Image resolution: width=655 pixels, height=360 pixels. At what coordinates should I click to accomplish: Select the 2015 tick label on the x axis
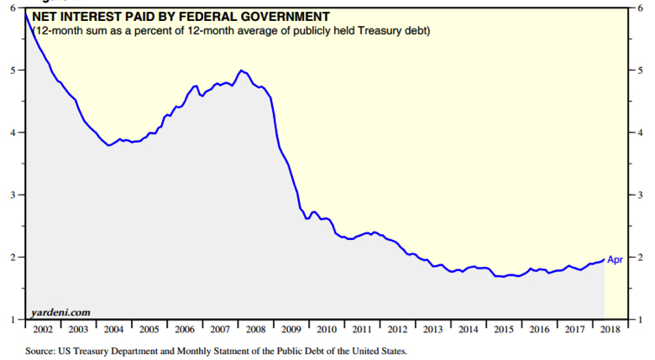(503, 328)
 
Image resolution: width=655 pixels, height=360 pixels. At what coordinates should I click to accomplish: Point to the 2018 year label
(611, 328)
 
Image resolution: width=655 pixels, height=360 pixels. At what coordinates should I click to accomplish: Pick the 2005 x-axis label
(150, 328)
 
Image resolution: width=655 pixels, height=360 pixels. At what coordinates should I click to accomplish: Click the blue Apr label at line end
(615, 260)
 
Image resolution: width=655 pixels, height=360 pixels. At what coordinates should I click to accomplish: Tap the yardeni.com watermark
(60, 311)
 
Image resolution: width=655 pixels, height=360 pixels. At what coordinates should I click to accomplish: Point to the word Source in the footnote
(42, 351)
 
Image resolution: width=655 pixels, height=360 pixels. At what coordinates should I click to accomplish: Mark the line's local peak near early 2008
(242, 70)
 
